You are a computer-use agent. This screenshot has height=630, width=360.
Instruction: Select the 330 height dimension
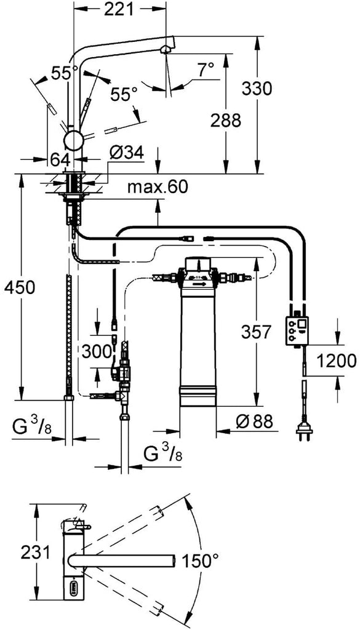[x=257, y=89]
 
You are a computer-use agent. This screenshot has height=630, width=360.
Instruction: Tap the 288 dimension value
[x=226, y=120]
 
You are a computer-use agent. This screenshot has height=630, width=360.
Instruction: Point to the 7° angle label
[x=206, y=71]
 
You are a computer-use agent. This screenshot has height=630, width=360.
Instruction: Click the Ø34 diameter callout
[x=126, y=153]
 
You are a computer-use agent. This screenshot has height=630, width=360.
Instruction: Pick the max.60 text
[x=158, y=187]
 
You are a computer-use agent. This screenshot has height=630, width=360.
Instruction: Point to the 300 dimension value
[x=97, y=351]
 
